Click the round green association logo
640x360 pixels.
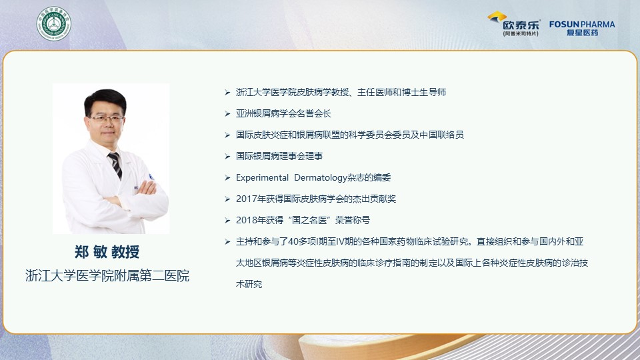(x=54, y=24)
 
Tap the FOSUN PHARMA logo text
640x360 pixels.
(x=582, y=25)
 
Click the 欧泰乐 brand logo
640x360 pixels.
(x=514, y=23)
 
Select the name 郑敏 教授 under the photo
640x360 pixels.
(x=107, y=252)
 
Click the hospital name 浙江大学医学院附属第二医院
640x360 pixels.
(x=107, y=275)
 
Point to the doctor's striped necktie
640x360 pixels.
(x=115, y=165)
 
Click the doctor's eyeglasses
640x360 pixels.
(x=107, y=119)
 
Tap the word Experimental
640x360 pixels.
(x=262, y=177)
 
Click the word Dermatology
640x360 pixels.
(x=321, y=177)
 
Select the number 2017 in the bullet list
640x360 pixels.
(x=246, y=199)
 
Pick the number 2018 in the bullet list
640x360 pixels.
(x=246, y=220)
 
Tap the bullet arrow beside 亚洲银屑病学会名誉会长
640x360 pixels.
(x=227, y=113)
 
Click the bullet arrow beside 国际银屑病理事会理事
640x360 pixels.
(x=227, y=156)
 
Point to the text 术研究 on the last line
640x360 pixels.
(x=249, y=284)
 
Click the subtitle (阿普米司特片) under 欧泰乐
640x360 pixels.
(x=521, y=33)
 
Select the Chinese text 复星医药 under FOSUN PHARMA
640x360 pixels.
(x=582, y=33)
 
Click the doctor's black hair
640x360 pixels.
(x=105, y=100)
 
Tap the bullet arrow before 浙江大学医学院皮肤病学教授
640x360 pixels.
(x=227, y=92)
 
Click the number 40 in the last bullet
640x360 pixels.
(x=293, y=241)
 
